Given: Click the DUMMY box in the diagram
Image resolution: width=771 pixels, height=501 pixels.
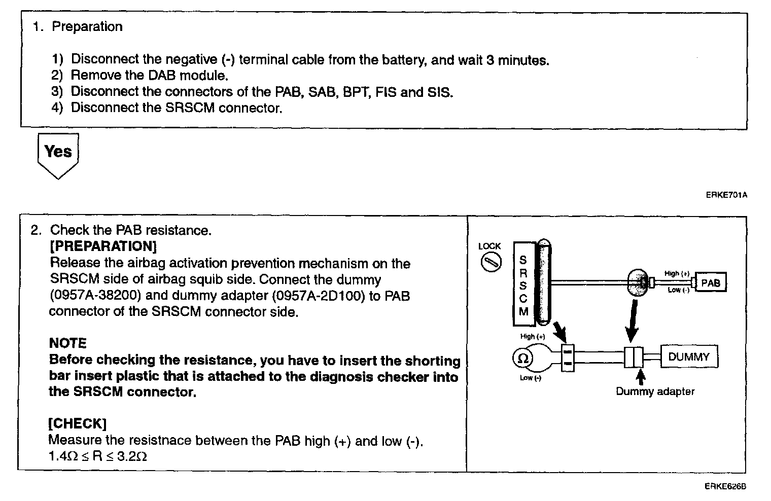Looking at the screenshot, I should pyautogui.click(x=688, y=357).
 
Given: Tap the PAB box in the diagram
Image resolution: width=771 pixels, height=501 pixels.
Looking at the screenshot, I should pyautogui.click(x=711, y=283).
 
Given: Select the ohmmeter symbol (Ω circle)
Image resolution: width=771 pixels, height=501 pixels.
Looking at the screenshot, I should pyautogui.click(x=522, y=359).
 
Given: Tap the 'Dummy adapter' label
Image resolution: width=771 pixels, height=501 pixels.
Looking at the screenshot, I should pyautogui.click(x=654, y=391).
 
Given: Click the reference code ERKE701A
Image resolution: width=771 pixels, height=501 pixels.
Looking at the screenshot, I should pyautogui.click(x=726, y=195).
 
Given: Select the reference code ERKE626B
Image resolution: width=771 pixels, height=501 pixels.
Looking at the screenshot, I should pyautogui.click(x=725, y=487).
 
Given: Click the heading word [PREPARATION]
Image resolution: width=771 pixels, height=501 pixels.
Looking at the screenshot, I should pyautogui.click(x=103, y=246).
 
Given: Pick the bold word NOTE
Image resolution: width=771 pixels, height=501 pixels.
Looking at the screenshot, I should pyautogui.click(x=68, y=343).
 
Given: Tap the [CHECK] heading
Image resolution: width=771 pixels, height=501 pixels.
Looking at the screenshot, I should pyautogui.click(x=77, y=424).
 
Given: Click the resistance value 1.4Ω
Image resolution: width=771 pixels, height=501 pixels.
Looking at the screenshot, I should pyautogui.click(x=63, y=456).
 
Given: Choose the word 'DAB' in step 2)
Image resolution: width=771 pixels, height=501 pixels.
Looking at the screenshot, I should pyautogui.click(x=162, y=76).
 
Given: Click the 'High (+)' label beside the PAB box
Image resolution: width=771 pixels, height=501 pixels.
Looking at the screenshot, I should pyautogui.click(x=677, y=274).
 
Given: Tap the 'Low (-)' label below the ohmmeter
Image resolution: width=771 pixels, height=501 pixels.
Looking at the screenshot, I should pyautogui.click(x=530, y=378).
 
